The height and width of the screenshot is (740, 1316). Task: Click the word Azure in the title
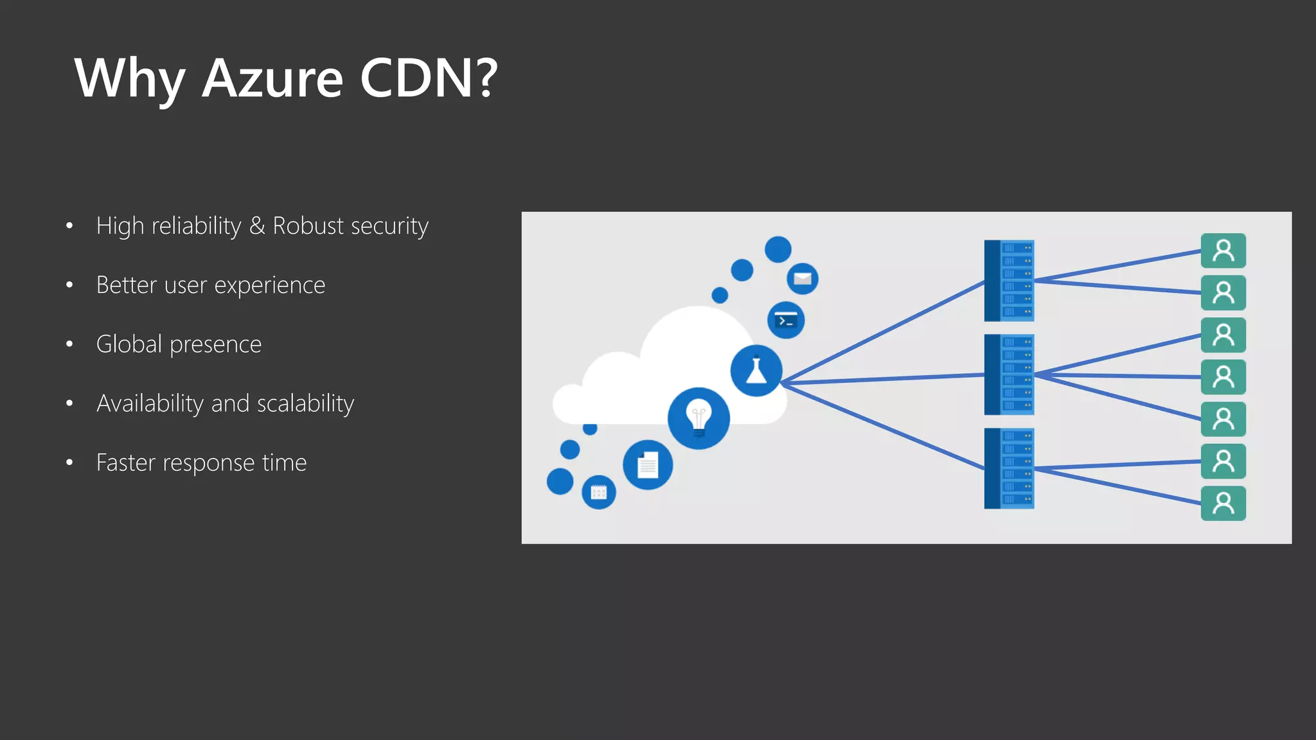pos(272,78)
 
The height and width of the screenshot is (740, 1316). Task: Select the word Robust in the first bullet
pos(308,226)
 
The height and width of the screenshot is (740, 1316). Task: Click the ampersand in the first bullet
pos(257,226)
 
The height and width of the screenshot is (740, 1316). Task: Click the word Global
pos(129,344)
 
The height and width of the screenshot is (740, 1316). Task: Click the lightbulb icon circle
pos(698,418)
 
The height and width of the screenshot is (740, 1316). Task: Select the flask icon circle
pos(756,371)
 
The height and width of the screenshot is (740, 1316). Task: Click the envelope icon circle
pos(803,279)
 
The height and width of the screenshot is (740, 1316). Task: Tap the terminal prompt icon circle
pos(786,320)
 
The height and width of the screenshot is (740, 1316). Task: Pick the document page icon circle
pos(648,464)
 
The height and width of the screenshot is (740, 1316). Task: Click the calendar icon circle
pos(599,492)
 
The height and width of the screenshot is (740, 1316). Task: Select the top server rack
pos(1009,281)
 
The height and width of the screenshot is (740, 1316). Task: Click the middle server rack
pos(1009,374)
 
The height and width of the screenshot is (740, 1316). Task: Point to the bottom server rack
pos(1009,468)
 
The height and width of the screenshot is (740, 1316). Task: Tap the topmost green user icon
pos(1223,251)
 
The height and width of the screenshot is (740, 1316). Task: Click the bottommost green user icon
pos(1223,504)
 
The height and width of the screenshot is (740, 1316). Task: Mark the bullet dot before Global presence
pos(69,344)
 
